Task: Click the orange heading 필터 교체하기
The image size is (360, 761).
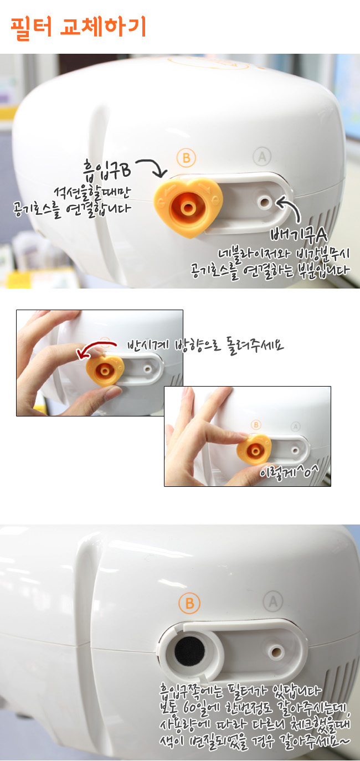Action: click(78, 27)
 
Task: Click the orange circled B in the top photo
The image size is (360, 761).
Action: click(187, 158)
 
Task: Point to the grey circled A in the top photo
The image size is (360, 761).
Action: click(262, 156)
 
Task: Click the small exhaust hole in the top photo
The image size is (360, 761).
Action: click(264, 203)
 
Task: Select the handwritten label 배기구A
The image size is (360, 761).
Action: click(299, 235)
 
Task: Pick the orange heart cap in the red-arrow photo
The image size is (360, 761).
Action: click(105, 370)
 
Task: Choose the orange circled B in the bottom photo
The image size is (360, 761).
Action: click(189, 603)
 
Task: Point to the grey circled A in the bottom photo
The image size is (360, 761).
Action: click(273, 601)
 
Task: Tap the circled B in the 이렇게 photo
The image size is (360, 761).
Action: click(256, 424)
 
